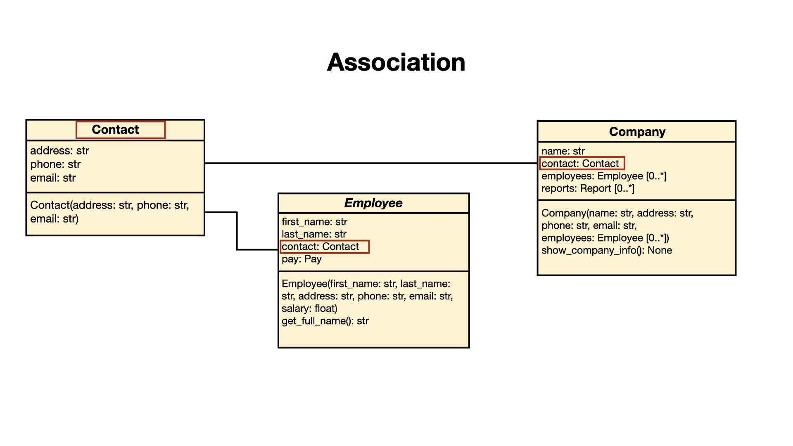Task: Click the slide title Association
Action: (x=396, y=62)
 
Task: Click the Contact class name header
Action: (x=115, y=130)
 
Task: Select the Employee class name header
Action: (x=373, y=203)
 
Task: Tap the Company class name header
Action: (x=637, y=132)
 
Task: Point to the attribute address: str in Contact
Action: (x=59, y=151)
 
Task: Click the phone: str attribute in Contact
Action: (x=55, y=164)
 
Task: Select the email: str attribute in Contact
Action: (x=53, y=178)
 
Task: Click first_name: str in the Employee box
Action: (x=314, y=222)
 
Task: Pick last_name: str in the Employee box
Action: (x=314, y=235)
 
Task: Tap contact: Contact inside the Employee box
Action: (x=320, y=247)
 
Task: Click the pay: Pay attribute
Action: (x=302, y=259)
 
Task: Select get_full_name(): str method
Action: (x=325, y=321)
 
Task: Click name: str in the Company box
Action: (x=563, y=151)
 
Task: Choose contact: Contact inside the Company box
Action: (x=580, y=164)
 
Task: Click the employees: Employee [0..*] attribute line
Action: (x=604, y=176)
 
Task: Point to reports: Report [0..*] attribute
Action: (x=588, y=189)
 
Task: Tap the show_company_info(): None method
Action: (x=607, y=251)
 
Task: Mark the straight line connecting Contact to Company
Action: (x=371, y=163)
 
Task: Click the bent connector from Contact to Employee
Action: (x=237, y=231)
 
